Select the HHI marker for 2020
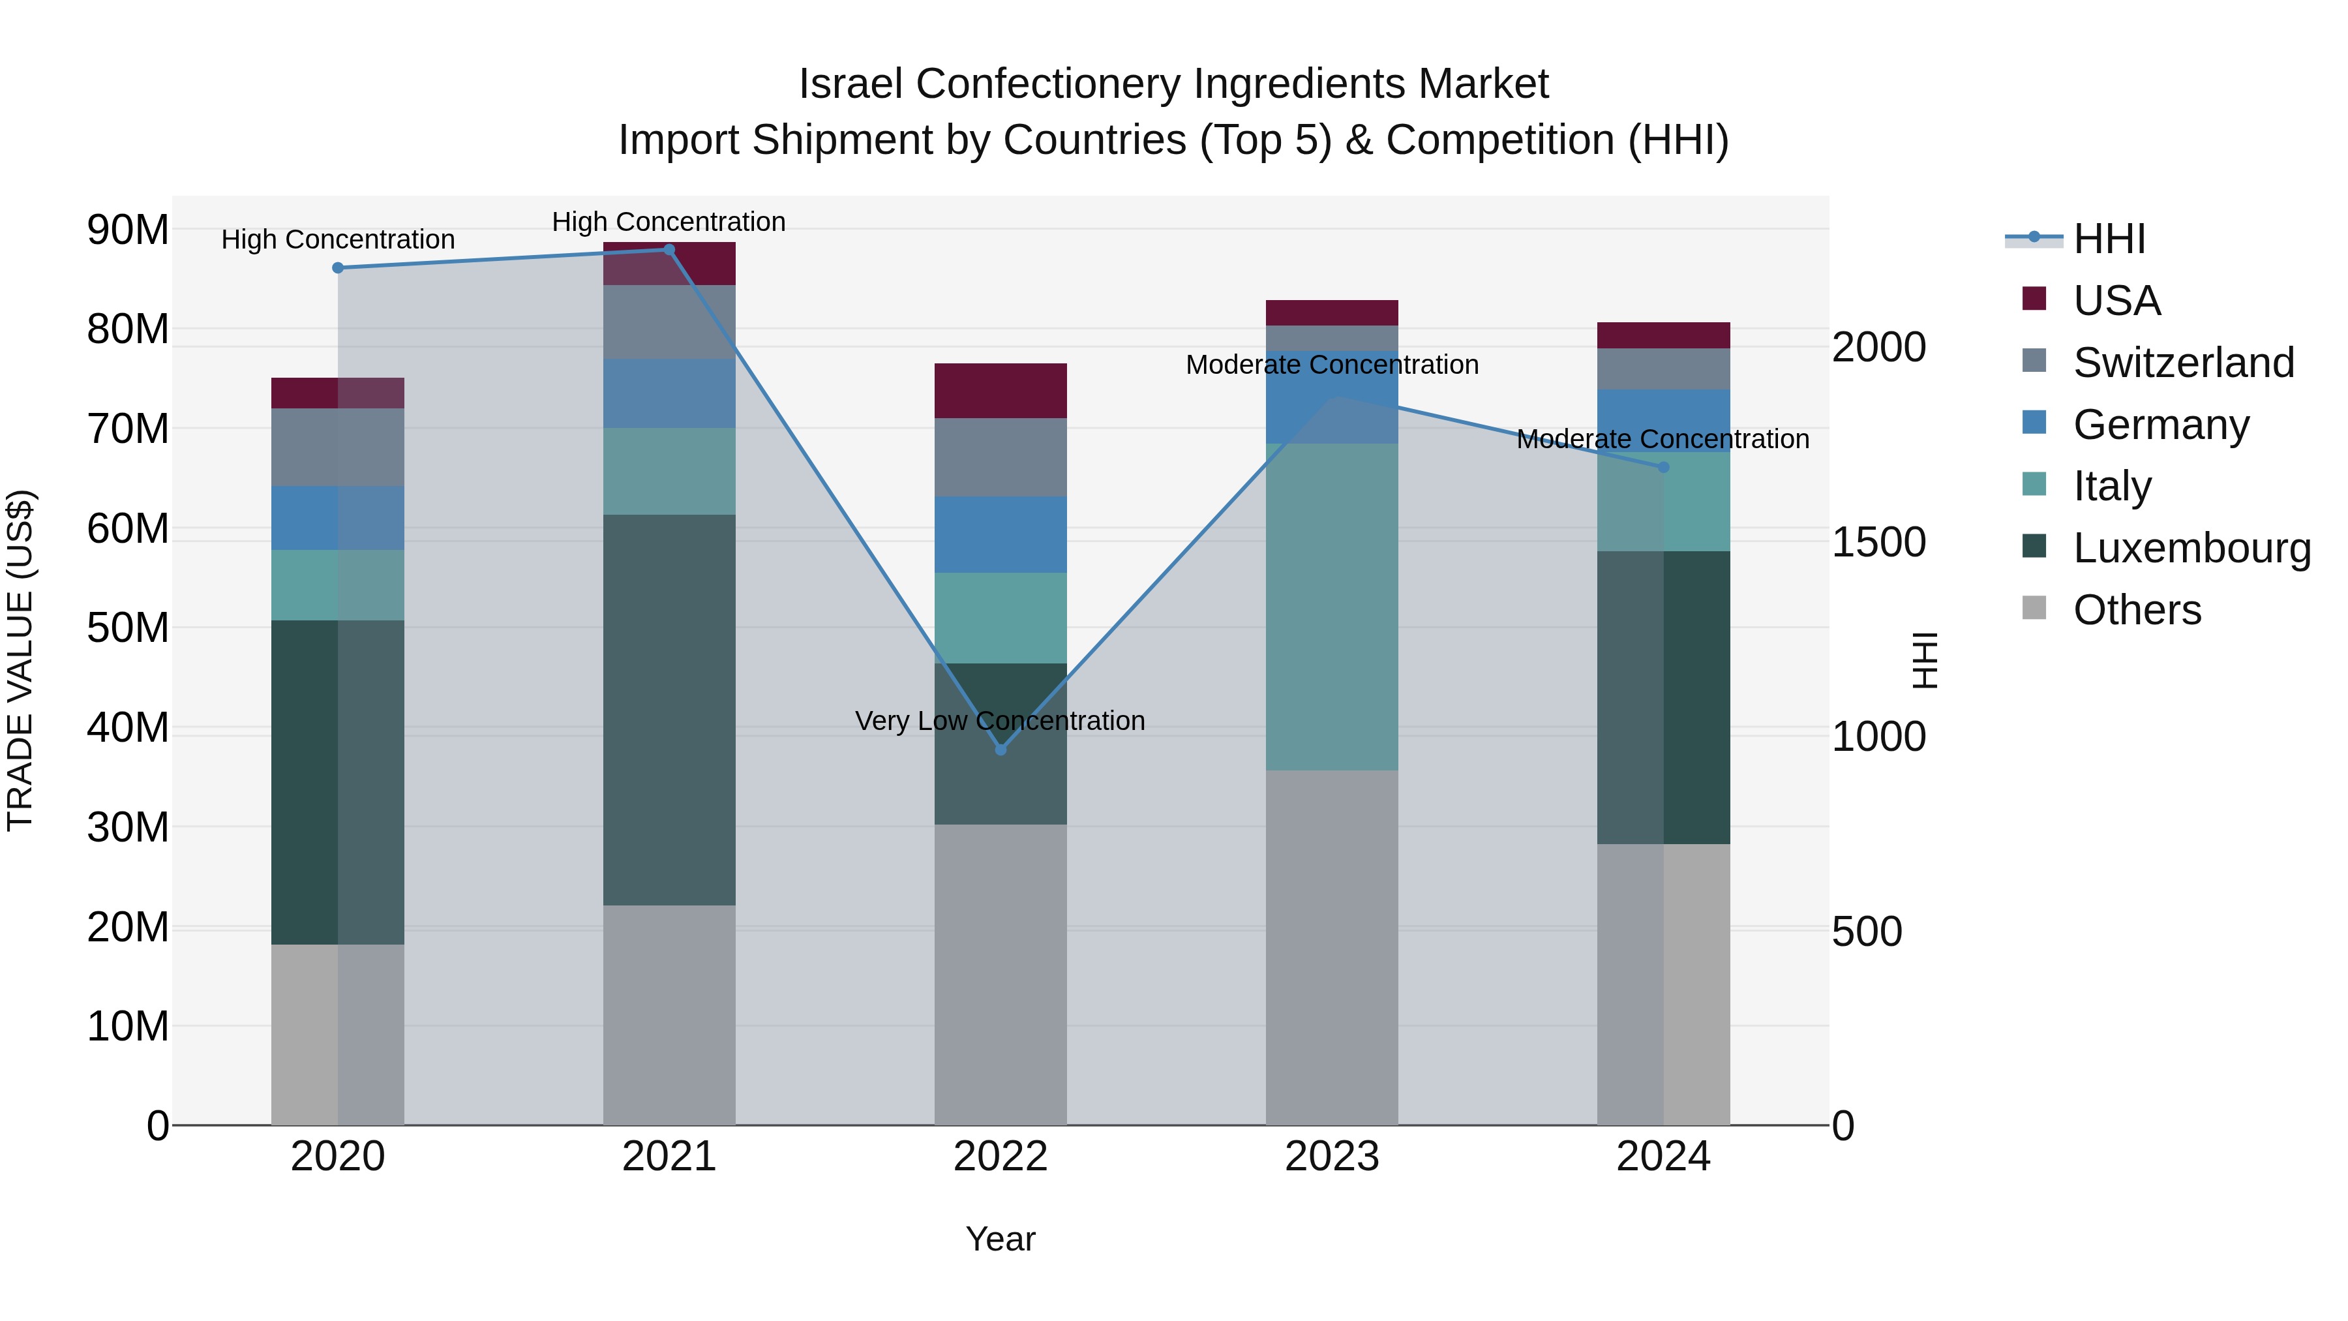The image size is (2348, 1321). coord(338,268)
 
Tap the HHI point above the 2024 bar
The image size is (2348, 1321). coord(1663,467)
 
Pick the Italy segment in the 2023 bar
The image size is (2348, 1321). coord(1332,606)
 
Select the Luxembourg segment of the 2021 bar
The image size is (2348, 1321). coord(669,709)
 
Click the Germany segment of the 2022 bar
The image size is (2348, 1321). coord(1000,534)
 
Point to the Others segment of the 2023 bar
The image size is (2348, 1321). coord(1332,948)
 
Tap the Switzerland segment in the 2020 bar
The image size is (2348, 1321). coord(338,447)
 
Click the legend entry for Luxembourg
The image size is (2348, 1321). coord(2192,548)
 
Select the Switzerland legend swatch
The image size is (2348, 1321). coord(2034,360)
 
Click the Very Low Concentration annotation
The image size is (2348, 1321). coord(1000,721)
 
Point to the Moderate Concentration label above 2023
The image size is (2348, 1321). coord(1332,365)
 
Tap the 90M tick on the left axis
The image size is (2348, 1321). coord(128,230)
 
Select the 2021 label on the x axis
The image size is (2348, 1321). coord(669,1157)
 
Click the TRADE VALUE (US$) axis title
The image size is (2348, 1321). coord(20,660)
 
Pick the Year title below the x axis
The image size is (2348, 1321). coord(1000,1239)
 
